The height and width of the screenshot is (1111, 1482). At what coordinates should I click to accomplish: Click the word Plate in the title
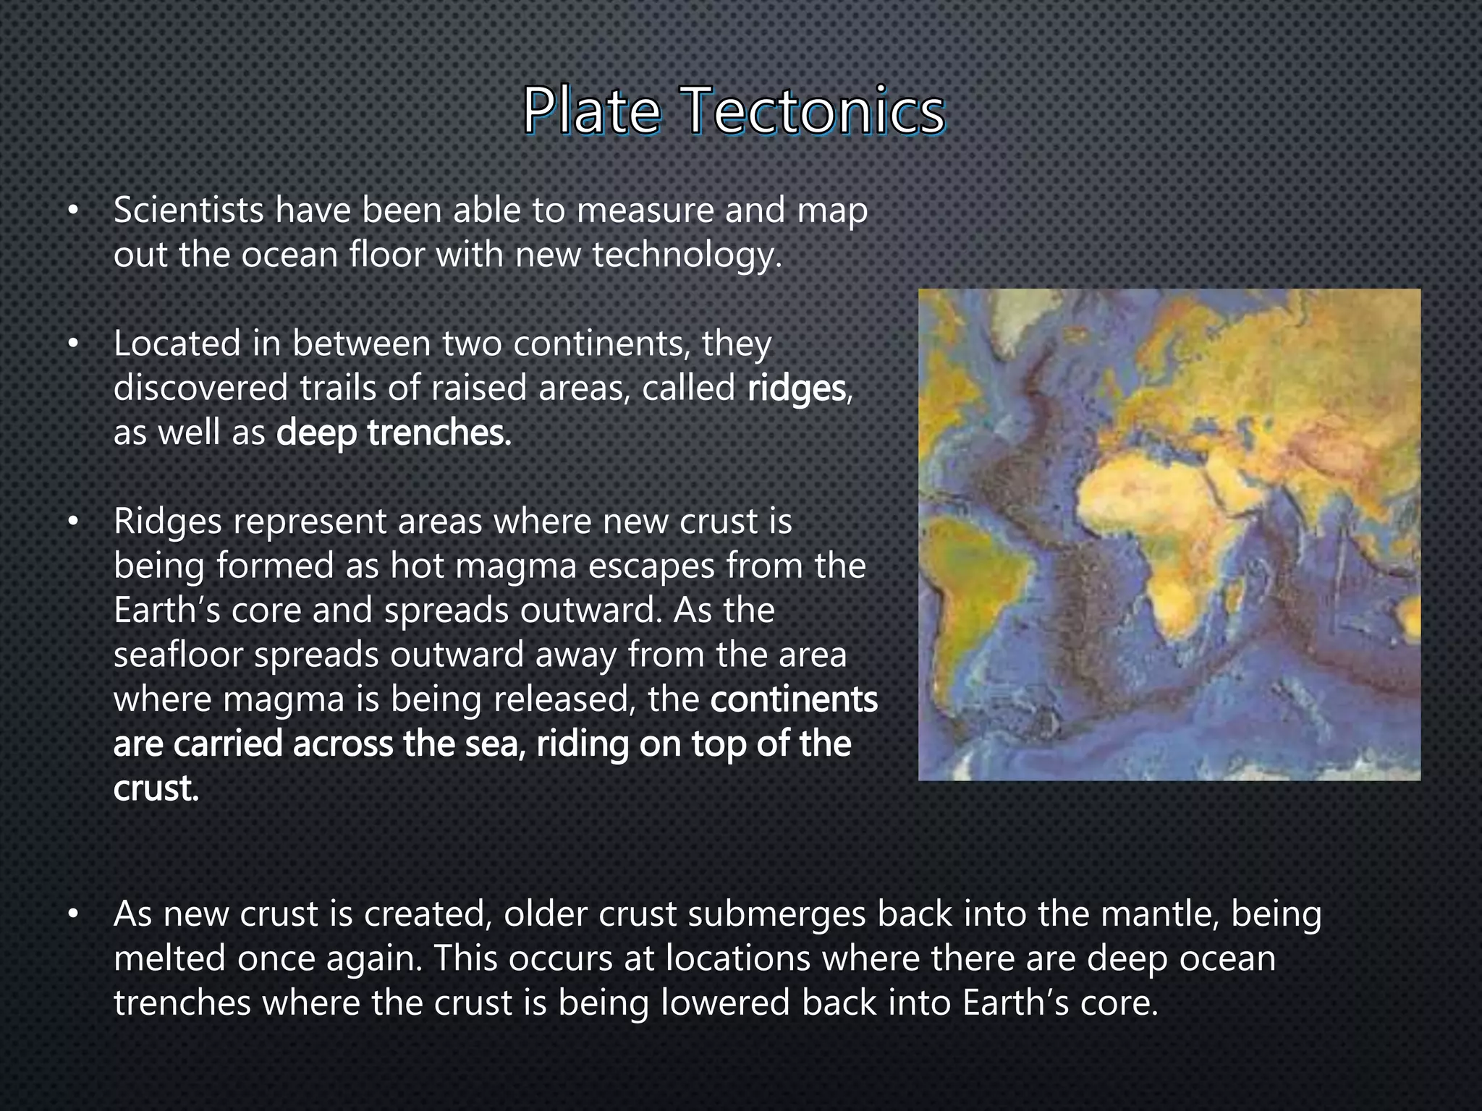pos(591,112)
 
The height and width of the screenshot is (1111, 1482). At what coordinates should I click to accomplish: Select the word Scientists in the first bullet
pos(188,210)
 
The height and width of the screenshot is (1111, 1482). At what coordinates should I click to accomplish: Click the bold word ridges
pos(797,388)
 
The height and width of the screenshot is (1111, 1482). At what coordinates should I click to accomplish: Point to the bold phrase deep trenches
pos(394,433)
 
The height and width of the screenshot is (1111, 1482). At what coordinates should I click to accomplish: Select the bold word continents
pos(794,699)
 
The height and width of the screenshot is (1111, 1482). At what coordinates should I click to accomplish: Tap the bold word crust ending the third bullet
pos(155,788)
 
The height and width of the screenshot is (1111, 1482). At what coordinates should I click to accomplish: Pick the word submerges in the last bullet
pos(776,914)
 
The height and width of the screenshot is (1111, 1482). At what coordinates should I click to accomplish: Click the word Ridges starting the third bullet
pos(167,522)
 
